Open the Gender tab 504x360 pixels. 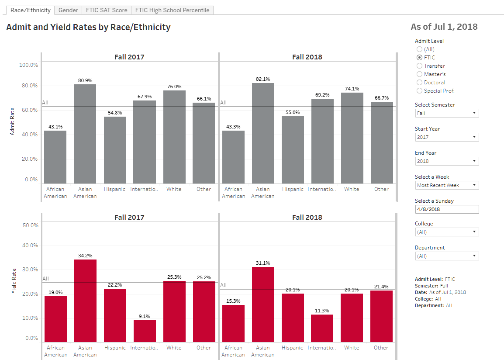pyautogui.click(x=68, y=10)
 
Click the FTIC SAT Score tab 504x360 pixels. pyautogui.click(x=106, y=10)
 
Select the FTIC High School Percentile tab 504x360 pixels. pyautogui.click(x=172, y=10)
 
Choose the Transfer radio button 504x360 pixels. pyautogui.click(x=420, y=66)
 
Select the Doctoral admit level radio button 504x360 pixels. pyautogui.click(x=420, y=83)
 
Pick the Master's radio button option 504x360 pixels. pyautogui.click(x=420, y=74)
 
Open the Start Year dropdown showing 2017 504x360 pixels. pyautogui.click(x=446, y=137)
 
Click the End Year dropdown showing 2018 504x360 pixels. pyautogui.click(x=446, y=161)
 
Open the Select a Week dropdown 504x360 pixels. pyautogui.click(x=446, y=185)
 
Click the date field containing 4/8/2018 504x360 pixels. pyautogui.click(x=446, y=209)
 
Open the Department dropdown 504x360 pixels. pyautogui.click(x=446, y=256)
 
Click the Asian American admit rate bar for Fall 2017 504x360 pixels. pyautogui.click(x=85, y=134)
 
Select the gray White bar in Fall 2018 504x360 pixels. pyautogui.click(x=352, y=138)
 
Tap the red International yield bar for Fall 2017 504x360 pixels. pyautogui.click(x=145, y=331)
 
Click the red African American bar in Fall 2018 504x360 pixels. pyautogui.click(x=233, y=323)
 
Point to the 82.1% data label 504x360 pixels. pyautogui.click(x=263, y=79)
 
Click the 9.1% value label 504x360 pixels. pyautogui.click(x=145, y=316)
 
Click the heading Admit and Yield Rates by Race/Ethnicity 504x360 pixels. pyautogui.click(x=88, y=27)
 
